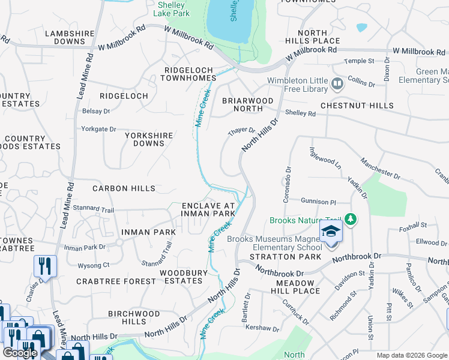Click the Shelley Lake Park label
pyautogui.click(x=171, y=8)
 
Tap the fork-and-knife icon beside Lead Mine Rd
pyautogui.click(x=45, y=266)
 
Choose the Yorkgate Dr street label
pyautogui.click(x=98, y=129)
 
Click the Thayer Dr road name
pyautogui.click(x=241, y=131)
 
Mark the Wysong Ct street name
pyautogui.click(x=94, y=265)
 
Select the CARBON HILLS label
pyautogui.click(x=124, y=188)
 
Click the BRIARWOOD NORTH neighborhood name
pyautogui.click(x=247, y=104)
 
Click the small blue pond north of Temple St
pyautogui.click(x=361, y=28)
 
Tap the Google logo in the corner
pyautogui.click(x=20, y=353)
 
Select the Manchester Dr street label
pyautogui.click(x=380, y=168)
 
